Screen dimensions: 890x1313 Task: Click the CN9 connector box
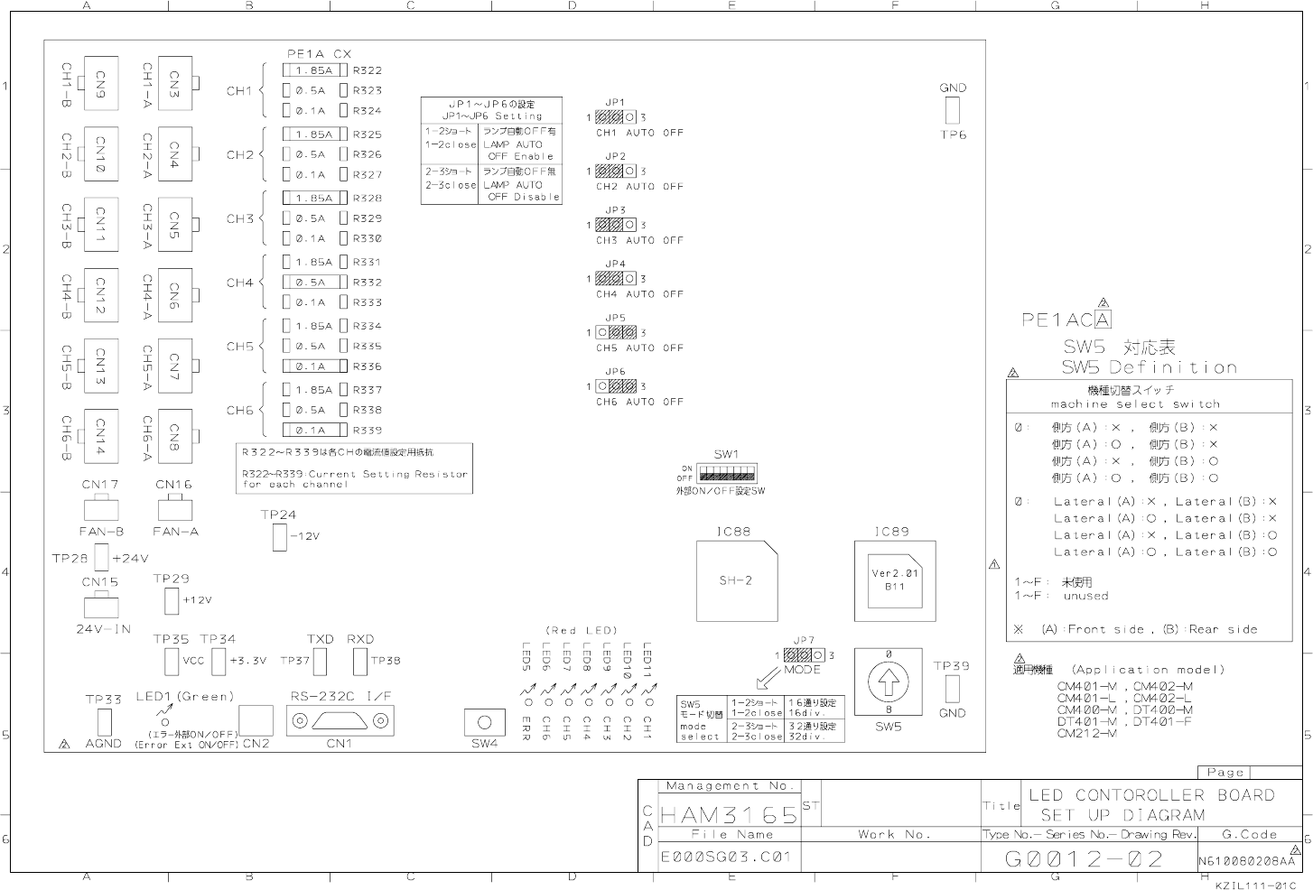coord(100,83)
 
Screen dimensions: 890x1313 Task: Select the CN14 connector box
coord(100,437)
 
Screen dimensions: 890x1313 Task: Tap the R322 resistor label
coord(368,70)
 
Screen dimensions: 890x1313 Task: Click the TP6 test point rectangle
coord(953,110)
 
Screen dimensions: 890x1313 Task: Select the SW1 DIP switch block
coord(727,473)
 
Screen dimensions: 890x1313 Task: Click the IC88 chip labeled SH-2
coord(736,580)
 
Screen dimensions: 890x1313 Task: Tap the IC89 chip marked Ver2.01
coord(895,579)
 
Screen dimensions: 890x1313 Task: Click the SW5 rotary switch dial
coord(889,681)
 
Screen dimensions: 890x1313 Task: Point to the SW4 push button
coord(484,722)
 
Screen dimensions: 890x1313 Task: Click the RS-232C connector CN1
coord(340,721)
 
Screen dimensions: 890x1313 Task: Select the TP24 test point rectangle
coord(279,536)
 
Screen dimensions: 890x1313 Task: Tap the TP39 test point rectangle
coord(952,689)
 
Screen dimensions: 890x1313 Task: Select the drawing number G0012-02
coord(1084,858)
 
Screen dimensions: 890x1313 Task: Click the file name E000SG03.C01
coord(726,857)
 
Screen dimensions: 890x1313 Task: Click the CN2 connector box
coord(256,721)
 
